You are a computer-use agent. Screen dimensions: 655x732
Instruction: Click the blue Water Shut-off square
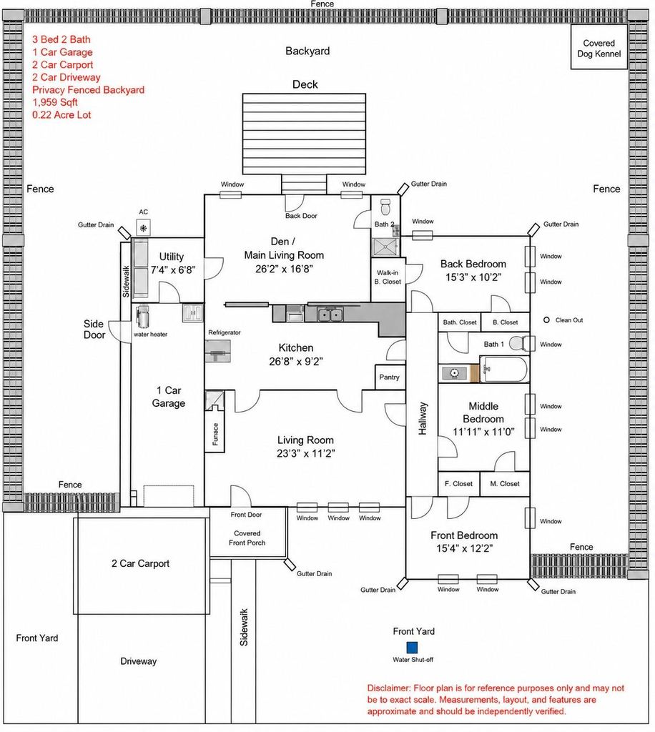[412, 648]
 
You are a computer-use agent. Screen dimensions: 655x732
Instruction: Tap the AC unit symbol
[143, 228]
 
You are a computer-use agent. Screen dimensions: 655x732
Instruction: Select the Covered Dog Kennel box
[599, 47]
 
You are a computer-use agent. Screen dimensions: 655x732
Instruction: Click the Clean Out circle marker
[546, 320]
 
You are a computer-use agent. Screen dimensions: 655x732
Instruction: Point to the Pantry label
[390, 377]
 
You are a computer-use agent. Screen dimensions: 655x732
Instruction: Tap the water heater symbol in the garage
[142, 316]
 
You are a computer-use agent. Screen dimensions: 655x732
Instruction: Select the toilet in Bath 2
[385, 206]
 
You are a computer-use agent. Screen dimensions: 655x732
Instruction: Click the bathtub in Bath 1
[505, 370]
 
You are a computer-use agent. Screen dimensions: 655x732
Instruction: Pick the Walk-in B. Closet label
[388, 277]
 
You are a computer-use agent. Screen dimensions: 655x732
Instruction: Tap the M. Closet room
[504, 484]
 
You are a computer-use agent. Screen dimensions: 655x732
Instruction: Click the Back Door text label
[301, 216]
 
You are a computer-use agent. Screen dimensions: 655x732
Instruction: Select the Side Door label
[94, 329]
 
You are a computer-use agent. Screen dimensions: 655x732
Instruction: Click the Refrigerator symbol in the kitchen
[217, 351]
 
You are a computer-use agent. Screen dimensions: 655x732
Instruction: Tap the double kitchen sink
[330, 315]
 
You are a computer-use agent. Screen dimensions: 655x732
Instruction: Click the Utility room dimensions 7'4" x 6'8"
[173, 269]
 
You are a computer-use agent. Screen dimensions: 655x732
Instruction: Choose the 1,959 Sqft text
[55, 102]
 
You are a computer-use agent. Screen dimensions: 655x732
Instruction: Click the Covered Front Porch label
[247, 538]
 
